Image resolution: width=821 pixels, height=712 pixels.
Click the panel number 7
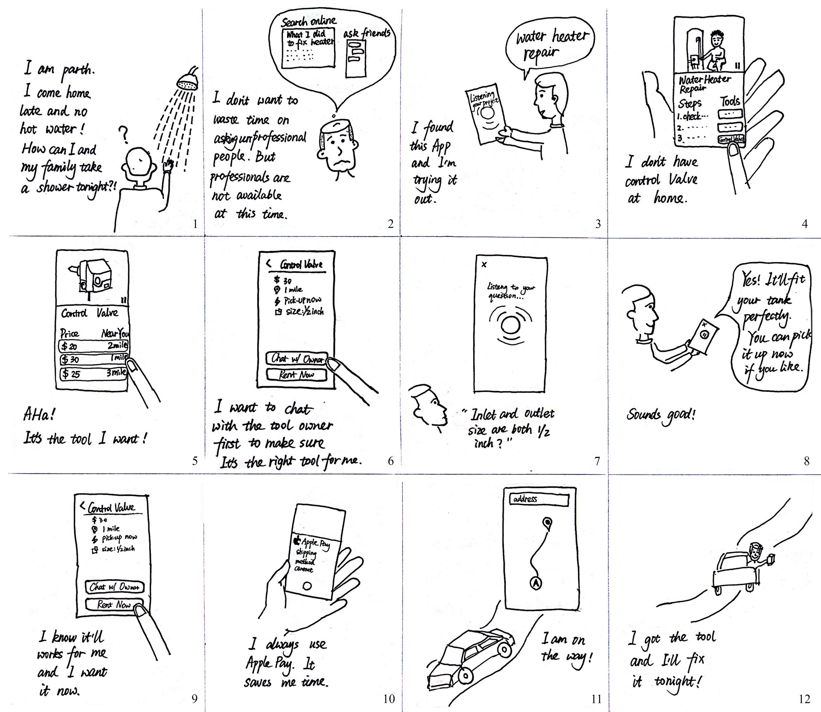[x=597, y=461]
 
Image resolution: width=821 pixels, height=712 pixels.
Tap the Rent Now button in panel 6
[x=297, y=374]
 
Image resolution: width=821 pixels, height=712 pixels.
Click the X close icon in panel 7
[x=484, y=264]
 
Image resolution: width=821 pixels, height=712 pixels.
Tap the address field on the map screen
[x=539, y=499]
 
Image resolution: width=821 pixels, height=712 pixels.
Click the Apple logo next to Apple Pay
[x=296, y=540]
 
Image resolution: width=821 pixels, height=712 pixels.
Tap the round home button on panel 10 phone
[x=307, y=586]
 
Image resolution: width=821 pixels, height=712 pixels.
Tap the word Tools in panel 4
[x=730, y=101]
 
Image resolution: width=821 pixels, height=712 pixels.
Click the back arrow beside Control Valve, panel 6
[x=268, y=263]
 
